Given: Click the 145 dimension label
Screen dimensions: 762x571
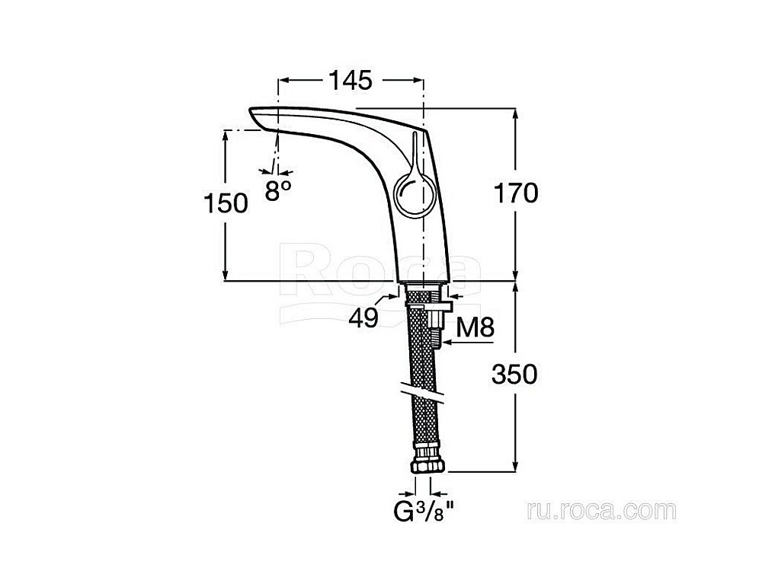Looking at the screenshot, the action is click(351, 80).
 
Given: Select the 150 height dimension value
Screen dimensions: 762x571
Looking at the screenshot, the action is click(226, 203).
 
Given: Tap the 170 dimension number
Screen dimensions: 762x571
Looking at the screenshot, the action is click(516, 193).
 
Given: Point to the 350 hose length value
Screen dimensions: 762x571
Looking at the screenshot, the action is click(514, 374).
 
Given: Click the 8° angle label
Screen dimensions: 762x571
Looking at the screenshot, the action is click(278, 190).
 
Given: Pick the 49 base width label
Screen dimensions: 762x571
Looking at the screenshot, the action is click(363, 318).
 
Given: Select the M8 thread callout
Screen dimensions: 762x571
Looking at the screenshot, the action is click(475, 327).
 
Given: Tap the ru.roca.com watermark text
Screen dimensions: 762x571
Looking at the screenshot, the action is click(601, 510).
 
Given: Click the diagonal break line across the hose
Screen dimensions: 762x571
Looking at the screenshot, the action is click(423, 392).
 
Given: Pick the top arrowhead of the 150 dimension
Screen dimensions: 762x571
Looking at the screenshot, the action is click(225, 137).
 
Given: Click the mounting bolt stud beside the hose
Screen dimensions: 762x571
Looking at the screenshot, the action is click(435, 327).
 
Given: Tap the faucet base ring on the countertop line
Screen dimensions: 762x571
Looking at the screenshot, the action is click(422, 282).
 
